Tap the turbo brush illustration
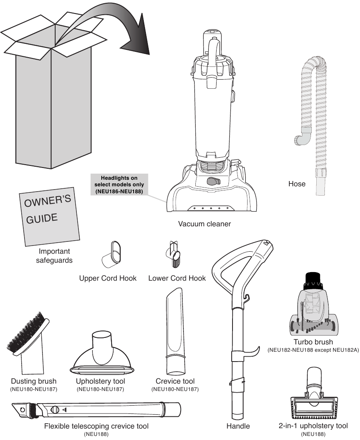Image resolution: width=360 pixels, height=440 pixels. click(x=313, y=310)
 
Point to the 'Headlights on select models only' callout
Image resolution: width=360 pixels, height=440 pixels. click(x=119, y=185)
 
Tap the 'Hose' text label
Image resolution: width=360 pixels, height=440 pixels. click(x=297, y=184)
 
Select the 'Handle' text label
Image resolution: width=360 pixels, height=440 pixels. click(x=238, y=426)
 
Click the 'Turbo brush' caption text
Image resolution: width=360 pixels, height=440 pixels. click(x=313, y=342)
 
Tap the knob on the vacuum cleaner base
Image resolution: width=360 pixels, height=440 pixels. click(x=213, y=181)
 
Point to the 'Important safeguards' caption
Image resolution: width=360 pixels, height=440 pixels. click(x=54, y=256)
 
